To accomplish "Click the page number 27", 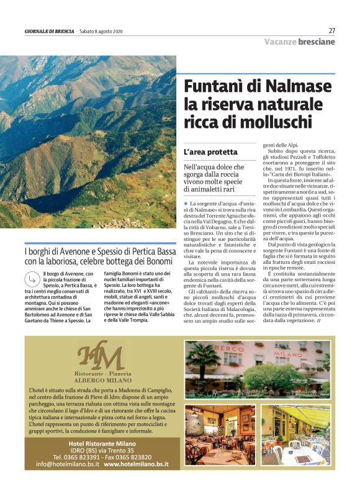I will (x=331, y=30).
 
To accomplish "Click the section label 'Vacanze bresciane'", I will (x=299, y=42).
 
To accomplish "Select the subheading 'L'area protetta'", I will (x=210, y=152).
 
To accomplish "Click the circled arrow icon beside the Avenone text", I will (x=32, y=280).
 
